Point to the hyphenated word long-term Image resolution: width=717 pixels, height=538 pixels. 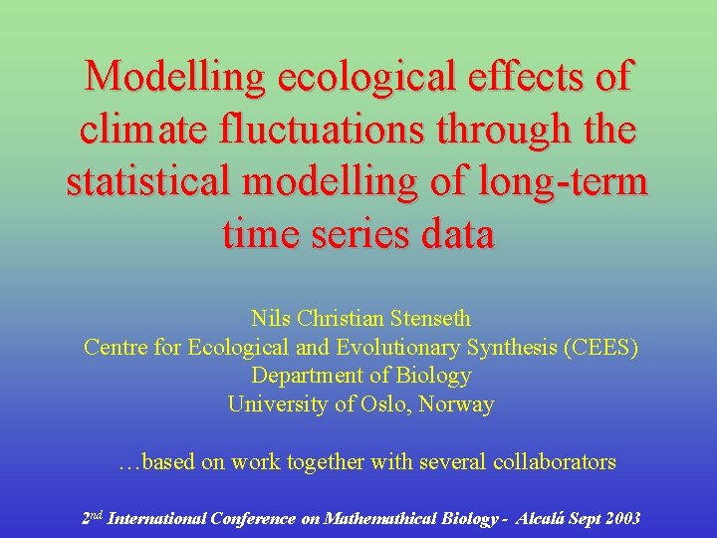pos(563,183)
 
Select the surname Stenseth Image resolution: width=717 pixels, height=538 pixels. pos(429,319)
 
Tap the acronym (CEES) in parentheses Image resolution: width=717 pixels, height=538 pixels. pos(601,348)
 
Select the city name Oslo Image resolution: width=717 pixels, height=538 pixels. pos(390,404)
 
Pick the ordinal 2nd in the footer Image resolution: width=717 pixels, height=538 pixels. pos(91,517)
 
